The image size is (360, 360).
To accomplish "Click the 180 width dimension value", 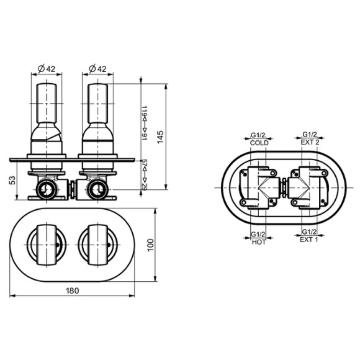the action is (73, 290).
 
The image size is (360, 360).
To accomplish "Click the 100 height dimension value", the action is (150, 245).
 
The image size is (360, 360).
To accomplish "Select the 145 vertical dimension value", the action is (160, 137).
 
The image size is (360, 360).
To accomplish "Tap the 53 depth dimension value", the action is (12, 180).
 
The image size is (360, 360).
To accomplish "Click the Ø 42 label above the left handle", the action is (47, 69).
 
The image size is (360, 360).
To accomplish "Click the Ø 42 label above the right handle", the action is (97, 69).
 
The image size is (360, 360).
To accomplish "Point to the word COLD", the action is (259, 143).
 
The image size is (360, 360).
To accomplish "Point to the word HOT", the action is (259, 242).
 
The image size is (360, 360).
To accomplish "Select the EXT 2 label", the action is (310, 142).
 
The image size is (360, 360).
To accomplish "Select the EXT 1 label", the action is (309, 240).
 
